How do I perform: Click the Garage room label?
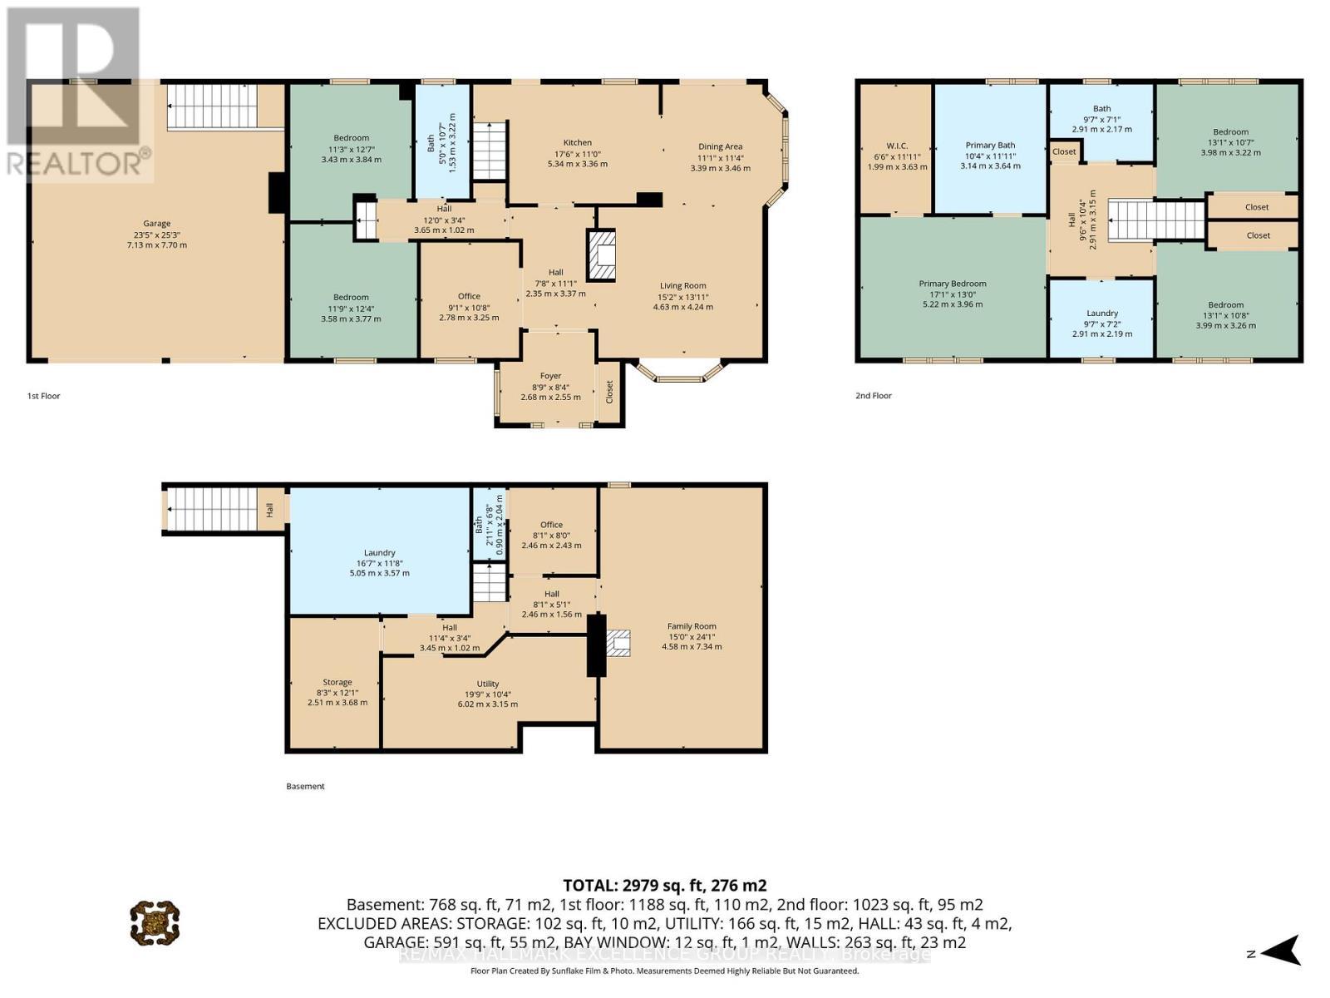click(x=156, y=224)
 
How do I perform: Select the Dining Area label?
click(x=720, y=147)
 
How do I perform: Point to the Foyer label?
click(x=550, y=376)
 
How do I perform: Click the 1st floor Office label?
click(x=469, y=297)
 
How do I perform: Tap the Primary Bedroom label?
click(x=953, y=284)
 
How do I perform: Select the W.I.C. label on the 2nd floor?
click(x=897, y=146)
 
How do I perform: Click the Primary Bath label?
click(x=990, y=146)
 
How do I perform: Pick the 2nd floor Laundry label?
click(x=1102, y=314)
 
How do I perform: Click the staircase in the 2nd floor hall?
click(x=1155, y=220)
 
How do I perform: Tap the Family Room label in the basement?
click(x=692, y=626)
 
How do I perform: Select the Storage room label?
click(x=337, y=682)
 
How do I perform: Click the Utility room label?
click(x=488, y=684)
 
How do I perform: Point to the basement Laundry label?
click(x=380, y=553)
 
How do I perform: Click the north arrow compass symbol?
click(x=1282, y=951)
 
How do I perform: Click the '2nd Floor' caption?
click(x=874, y=396)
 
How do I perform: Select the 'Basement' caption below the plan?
click(x=305, y=786)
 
